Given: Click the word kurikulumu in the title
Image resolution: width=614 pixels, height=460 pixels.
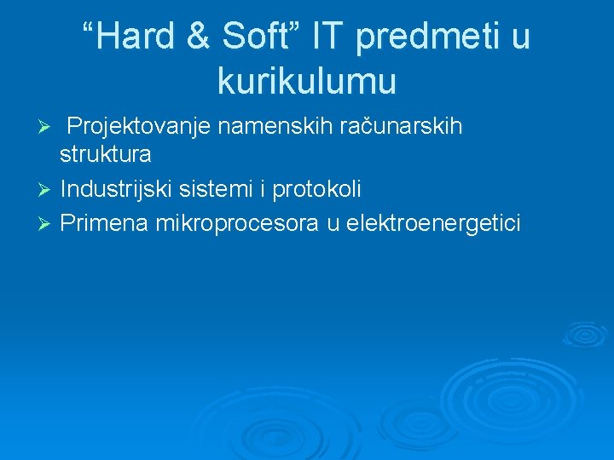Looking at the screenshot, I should click(x=307, y=82).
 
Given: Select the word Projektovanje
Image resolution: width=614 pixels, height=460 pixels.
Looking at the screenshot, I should click(x=139, y=128).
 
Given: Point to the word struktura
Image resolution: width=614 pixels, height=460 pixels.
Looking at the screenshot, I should click(x=106, y=155).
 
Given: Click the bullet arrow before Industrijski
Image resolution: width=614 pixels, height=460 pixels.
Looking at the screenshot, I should click(x=47, y=189).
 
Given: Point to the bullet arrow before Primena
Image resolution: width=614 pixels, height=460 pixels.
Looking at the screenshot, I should click(x=47, y=224).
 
